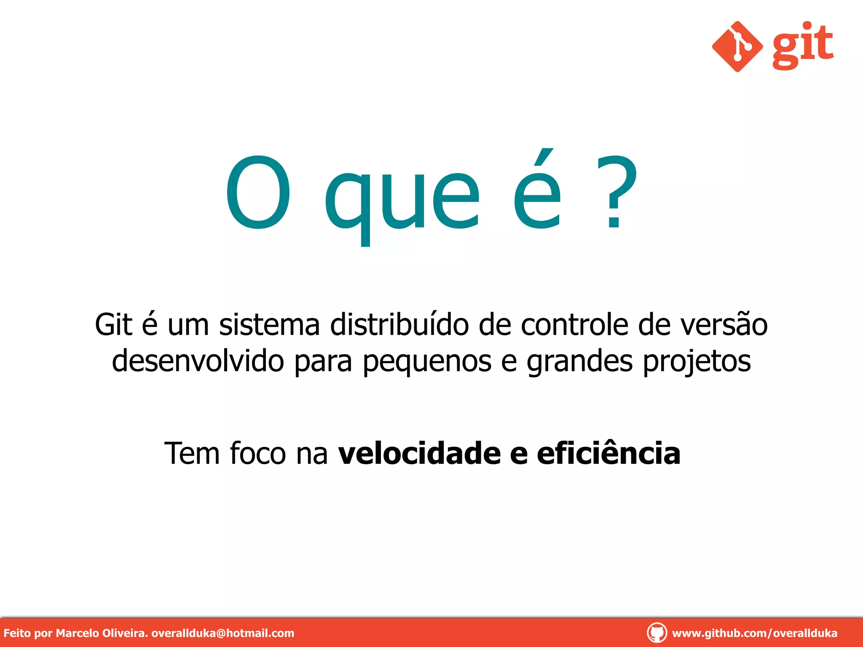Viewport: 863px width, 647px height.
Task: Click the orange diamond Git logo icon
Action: click(x=737, y=46)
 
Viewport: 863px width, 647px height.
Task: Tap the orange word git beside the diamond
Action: click(x=803, y=45)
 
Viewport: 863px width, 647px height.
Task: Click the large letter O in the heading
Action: click(x=258, y=192)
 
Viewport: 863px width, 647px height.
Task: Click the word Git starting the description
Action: click(x=113, y=325)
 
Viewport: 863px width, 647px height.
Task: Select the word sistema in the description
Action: click(x=269, y=325)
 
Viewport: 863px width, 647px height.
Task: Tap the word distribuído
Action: click(x=399, y=325)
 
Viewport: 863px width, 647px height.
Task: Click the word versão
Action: click(x=724, y=325)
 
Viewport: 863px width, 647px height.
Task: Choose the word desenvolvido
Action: click(x=198, y=361)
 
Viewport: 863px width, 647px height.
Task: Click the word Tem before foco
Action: click(x=192, y=454)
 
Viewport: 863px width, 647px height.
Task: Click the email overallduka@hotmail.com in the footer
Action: click(x=222, y=633)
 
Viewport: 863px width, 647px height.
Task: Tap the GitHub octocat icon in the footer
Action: click(x=657, y=633)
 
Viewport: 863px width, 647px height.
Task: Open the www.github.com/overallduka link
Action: click(x=754, y=633)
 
